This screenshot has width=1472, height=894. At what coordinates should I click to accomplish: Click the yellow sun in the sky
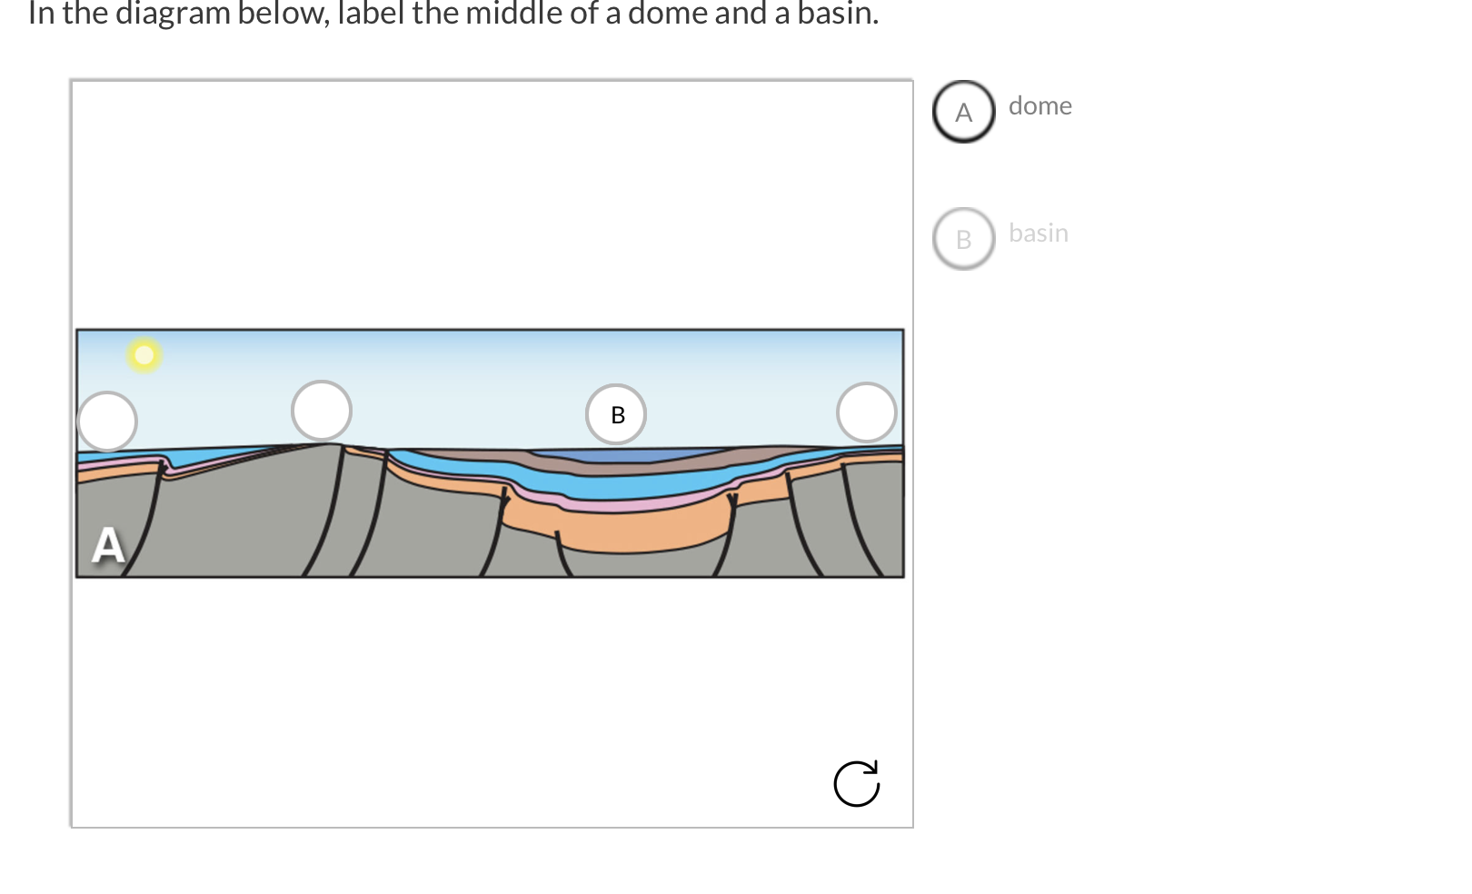click(144, 354)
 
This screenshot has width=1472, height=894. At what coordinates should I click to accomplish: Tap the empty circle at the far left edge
click(107, 422)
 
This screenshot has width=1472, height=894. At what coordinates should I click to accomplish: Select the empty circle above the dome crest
click(322, 411)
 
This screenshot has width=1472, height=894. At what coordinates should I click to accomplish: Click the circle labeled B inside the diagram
click(616, 414)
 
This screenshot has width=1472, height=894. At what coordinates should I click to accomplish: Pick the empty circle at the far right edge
click(866, 412)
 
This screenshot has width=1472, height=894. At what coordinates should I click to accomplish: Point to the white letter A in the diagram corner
click(108, 546)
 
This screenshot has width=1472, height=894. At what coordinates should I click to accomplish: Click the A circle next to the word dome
click(964, 112)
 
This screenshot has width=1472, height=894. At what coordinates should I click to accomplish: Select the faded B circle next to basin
click(964, 239)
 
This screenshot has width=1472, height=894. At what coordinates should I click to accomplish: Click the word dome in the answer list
click(1039, 106)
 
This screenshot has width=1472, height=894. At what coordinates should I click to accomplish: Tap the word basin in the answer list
click(1038, 233)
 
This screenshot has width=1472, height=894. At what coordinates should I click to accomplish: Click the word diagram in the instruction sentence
click(173, 14)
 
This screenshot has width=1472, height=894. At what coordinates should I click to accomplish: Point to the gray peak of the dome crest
click(323, 446)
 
